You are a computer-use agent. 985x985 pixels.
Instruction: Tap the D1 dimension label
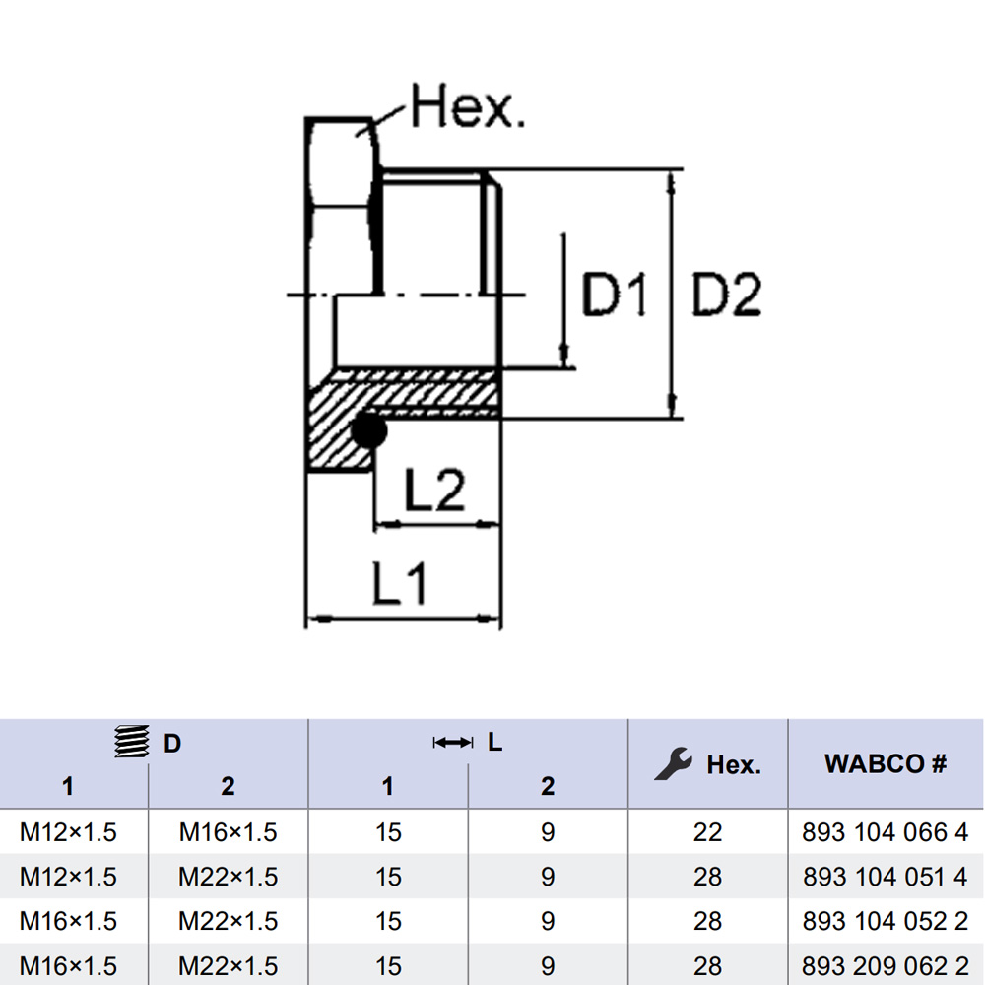(x=614, y=295)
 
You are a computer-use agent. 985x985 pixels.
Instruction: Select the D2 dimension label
(x=726, y=295)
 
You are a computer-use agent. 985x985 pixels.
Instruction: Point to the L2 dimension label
(x=434, y=490)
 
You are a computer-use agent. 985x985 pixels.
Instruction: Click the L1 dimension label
(x=400, y=585)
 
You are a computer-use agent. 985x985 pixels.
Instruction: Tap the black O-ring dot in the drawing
(x=367, y=430)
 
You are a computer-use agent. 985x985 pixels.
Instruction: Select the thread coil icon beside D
(x=133, y=742)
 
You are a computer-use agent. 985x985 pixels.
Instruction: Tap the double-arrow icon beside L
(x=453, y=742)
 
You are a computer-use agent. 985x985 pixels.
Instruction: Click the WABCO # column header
(x=886, y=763)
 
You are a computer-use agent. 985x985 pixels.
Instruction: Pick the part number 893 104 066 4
(x=886, y=832)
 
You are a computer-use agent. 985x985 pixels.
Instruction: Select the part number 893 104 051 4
(x=886, y=877)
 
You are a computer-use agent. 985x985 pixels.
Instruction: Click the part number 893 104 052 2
(x=886, y=921)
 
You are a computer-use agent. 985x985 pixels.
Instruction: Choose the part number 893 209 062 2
(x=886, y=966)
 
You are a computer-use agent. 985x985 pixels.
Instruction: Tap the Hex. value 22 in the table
(x=707, y=832)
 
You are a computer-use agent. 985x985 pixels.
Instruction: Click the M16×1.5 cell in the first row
(x=228, y=832)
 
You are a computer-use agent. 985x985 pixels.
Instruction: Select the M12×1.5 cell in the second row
(x=68, y=877)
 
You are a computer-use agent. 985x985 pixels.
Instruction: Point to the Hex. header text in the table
(x=734, y=764)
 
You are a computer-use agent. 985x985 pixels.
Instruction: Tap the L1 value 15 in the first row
(x=388, y=832)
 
